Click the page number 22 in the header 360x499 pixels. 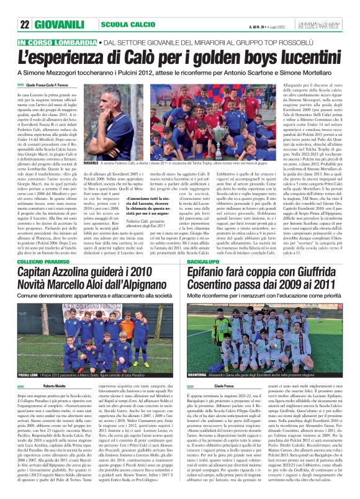coord(25,25)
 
